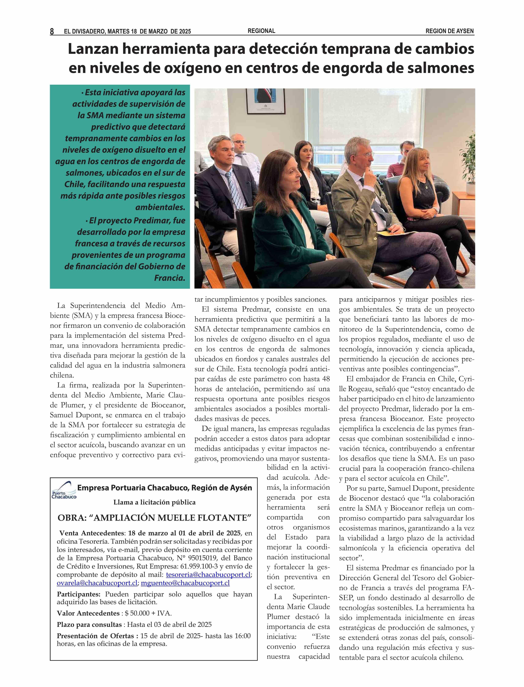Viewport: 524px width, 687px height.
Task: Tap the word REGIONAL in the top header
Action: (261, 31)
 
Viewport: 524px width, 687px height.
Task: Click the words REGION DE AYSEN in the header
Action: (449, 31)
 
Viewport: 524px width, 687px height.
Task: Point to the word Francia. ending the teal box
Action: (170, 278)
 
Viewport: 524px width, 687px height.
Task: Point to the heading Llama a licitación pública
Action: (154, 502)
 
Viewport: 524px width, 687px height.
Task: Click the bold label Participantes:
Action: (79, 594)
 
